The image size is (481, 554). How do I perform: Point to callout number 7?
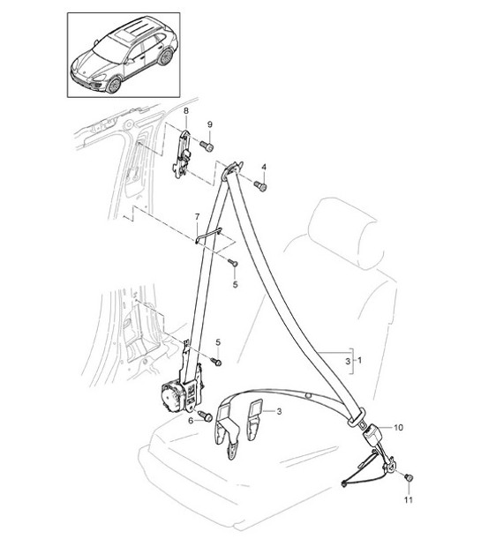point(197,216)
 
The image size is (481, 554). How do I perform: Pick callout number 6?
point(191,422)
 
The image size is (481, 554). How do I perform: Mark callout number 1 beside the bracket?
point(358,362)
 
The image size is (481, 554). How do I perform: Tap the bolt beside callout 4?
point(261,186)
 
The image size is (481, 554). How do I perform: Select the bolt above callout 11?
point(408,478)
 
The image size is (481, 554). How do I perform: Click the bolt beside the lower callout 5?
point(216,362)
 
